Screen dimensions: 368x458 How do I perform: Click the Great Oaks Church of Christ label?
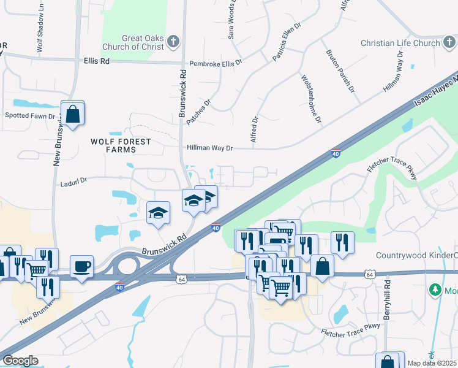143,42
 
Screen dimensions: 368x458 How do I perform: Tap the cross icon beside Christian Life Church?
447,43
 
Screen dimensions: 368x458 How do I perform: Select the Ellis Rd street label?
97,62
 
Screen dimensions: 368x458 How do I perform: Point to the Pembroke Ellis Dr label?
216,63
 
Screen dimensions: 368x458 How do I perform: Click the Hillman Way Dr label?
209,148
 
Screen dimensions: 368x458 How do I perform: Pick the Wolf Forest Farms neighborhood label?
120,145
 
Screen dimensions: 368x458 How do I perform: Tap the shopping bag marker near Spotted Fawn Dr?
73,114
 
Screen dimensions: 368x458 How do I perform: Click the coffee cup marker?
81,266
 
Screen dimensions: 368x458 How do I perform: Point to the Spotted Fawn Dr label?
30,115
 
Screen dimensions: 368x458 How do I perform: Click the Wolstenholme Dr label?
311,98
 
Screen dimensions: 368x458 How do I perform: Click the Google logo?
20,361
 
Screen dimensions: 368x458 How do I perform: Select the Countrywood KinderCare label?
416,255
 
